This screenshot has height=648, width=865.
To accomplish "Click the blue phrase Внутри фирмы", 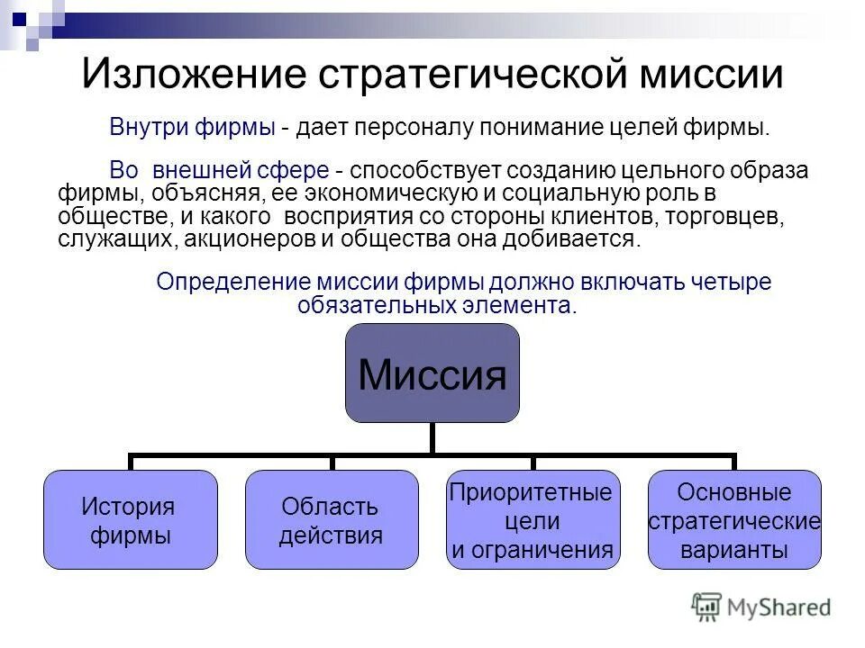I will click(192, 127).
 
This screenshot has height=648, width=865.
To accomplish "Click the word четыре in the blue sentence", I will click(734, 282).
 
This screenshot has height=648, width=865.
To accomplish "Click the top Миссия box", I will click(432, 373).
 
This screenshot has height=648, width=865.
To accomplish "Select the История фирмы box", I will click(131, 519).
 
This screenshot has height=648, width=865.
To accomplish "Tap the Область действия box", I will click(332, 519).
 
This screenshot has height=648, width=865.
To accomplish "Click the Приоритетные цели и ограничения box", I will click(533, 519).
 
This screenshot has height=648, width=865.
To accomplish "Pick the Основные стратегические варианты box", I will click(734, 519).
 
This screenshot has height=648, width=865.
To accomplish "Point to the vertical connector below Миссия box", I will click(432, 438).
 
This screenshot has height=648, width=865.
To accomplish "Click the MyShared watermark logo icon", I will click(706, 607).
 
